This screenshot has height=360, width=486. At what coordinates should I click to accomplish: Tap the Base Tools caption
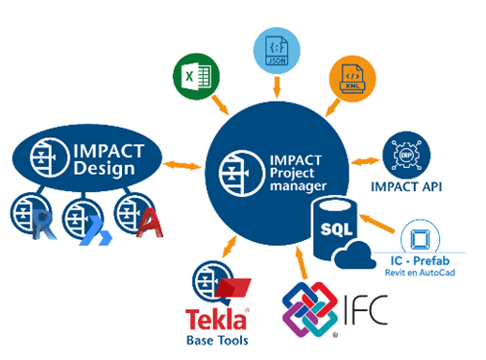pos(218,339)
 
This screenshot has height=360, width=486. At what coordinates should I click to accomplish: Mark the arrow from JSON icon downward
pos(277,88)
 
